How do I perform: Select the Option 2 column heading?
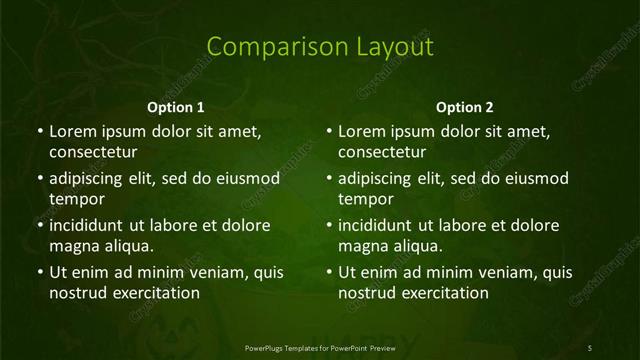(x=465, y=107)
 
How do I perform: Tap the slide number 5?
(x=590, y=347)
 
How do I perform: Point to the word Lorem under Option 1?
(x=71, y=131)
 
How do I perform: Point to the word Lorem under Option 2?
(x=361, y=131)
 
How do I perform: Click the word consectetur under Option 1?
(x=93, y=152)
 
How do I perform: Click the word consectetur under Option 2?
(x=383, y=152)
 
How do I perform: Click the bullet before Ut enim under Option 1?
(x=40, y=272)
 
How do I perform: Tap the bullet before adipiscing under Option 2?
(x=330, y=179)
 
